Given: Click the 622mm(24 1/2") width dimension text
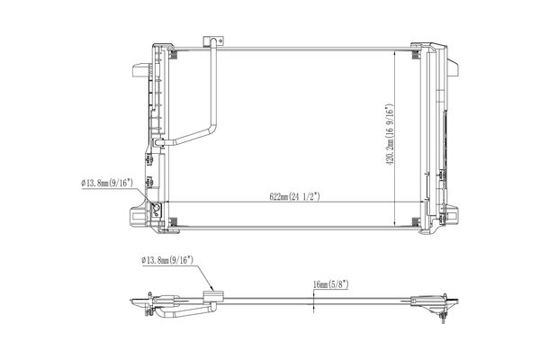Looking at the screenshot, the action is tap(294, 196).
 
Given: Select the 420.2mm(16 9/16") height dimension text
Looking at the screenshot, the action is tap(389, 135).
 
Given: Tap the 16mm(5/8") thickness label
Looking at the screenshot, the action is tap(331, 284).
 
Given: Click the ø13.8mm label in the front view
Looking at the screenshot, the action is tap(107, 183).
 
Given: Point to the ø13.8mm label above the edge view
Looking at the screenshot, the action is tap(167, 260).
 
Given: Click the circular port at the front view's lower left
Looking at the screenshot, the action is tap(157, 208).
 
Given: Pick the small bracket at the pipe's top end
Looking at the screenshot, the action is tap(211, 40).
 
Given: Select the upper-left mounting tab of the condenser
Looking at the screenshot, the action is tap(141, 70).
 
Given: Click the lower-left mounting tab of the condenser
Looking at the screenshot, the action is tap(139, 216).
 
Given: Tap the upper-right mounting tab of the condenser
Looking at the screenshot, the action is tap(453, 67).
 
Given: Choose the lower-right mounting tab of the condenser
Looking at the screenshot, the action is tap(452, 216).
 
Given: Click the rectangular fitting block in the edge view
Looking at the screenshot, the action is tap(213, 297).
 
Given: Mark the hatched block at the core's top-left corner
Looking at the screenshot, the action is tap(173, 54).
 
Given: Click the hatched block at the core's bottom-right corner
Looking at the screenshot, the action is tap(416, 222).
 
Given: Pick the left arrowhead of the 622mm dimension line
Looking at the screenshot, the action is tap(168, 202).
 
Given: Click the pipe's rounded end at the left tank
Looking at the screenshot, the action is tap(157, 142).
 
